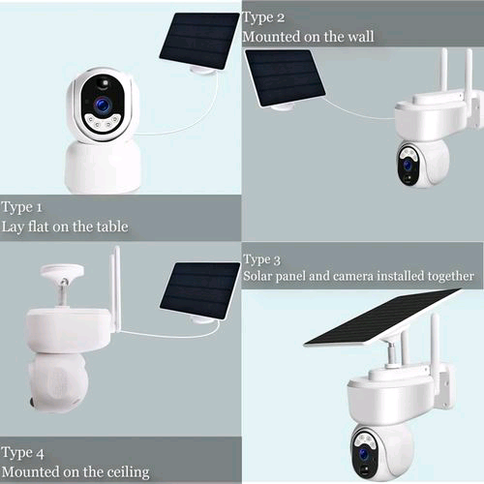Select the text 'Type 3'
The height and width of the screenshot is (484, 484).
tap(262, 259)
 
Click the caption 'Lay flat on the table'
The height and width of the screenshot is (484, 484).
tap(65, 227)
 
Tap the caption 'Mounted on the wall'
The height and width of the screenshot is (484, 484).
tap(308, 37)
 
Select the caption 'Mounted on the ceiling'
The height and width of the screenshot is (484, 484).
tap(76, 471)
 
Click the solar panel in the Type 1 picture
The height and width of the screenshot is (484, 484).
tap(197, 40)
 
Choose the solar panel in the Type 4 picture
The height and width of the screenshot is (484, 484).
tap(199, 288)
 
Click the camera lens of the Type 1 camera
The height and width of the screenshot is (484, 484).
tap(102, 103)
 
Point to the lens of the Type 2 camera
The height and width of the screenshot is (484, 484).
tap(408, 165)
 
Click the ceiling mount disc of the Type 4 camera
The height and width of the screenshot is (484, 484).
tap(58, 268)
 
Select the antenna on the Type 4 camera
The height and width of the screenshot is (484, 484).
tap(114, 286)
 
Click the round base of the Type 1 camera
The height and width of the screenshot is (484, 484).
tap(103, 167)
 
